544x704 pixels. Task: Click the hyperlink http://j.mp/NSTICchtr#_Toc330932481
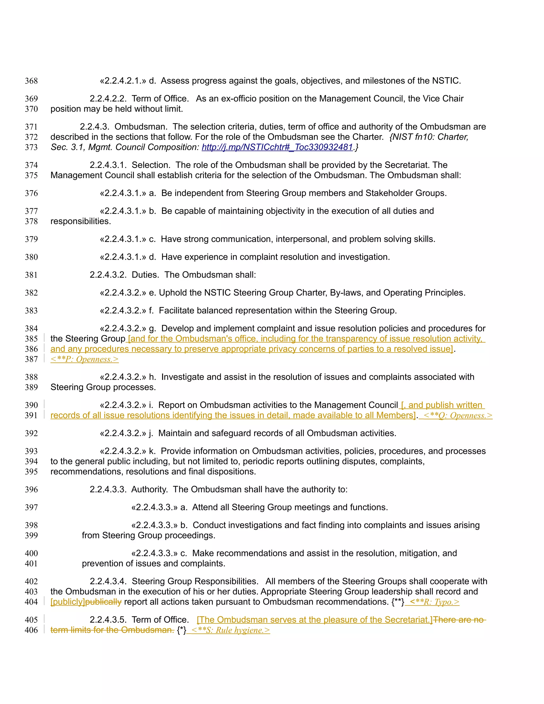277,147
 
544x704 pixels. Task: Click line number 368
31,81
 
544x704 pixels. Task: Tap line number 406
31,630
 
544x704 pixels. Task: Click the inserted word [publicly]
68,602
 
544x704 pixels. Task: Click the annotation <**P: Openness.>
84,359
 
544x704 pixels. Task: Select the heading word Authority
149,489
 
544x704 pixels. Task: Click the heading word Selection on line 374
151,165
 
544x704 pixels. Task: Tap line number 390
31,405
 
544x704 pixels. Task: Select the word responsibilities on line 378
80,222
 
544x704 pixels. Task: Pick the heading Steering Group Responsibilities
195,581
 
